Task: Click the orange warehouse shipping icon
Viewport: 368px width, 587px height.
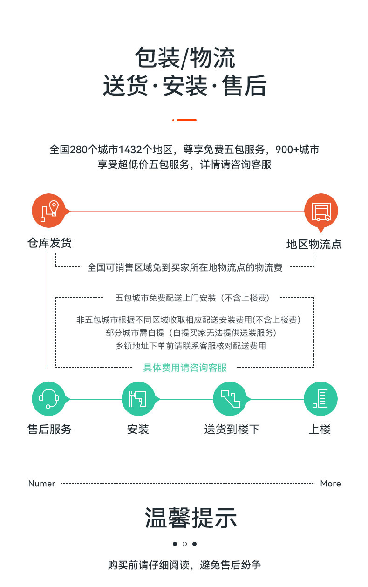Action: click(x=49, y=211)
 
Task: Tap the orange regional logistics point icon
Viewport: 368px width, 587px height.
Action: click(x=320, y=211)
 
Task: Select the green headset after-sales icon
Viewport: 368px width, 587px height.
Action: click(x=48, y=399)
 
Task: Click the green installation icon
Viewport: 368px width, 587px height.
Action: click(x=138, y=399)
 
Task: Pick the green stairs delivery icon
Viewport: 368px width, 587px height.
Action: click(x=230, y=399)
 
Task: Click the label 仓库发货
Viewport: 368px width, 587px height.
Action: click(x=49, y=243)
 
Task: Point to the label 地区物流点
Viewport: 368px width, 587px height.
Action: click(x=314, y=245)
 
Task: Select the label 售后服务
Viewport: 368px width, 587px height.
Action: click(x=49, y=429)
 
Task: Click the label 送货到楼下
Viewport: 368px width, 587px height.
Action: click(x=232, y=429)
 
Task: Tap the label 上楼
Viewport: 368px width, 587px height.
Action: click(x=320, y=429)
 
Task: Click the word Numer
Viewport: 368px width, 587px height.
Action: click(x=42, y=484)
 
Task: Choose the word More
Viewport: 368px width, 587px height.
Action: click(x=330, y=484)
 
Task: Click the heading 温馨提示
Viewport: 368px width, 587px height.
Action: click(x=191, y=518)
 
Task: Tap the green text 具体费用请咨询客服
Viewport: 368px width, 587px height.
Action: click(x=185, y=368)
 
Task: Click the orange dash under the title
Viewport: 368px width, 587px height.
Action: click(x=187, y=120)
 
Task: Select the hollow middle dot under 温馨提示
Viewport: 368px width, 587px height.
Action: click(x=184, y=544)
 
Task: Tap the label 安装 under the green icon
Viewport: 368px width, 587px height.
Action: click(x=138, y=429)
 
